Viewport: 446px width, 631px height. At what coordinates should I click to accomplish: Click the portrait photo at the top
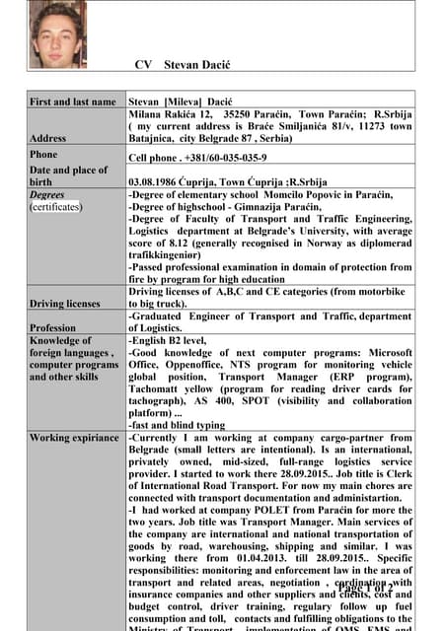(57, 35)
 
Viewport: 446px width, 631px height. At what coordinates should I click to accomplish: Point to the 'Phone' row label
(44, 155)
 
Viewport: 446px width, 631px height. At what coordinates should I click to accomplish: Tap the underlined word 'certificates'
(56, 207)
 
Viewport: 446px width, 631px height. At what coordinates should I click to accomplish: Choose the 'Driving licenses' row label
(65, 303)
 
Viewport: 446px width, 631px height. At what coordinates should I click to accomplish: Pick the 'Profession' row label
(53, 327)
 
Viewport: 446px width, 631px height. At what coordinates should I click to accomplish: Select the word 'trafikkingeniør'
(174, 254)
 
